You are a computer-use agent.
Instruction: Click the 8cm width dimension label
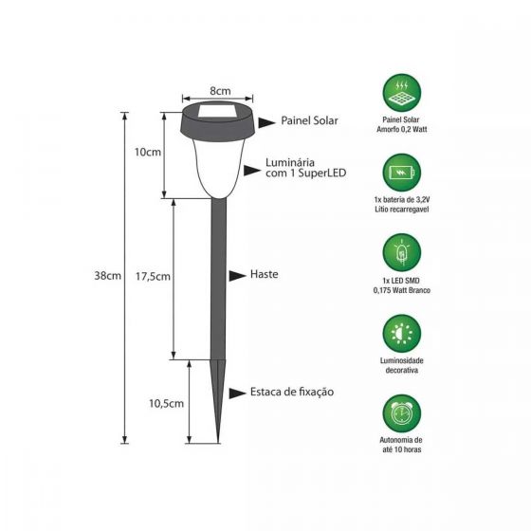click(220, 90)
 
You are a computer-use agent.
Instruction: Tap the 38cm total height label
click(107, 276)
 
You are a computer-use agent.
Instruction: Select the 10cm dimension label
click(149, 151)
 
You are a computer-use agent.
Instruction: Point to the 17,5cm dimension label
click(152, 277)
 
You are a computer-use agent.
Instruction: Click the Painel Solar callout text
click(309, 121)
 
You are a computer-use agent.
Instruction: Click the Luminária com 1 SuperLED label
click(304, 170)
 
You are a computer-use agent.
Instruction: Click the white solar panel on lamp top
click(219, 115)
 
